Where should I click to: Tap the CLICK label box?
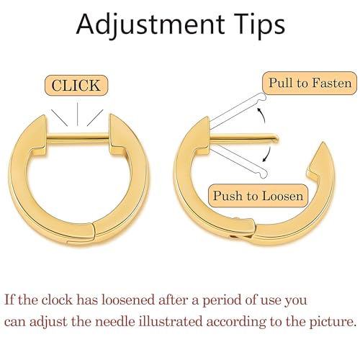click(76, 85)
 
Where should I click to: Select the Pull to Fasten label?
click(310, 83)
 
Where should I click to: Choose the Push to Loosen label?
click(258, 196)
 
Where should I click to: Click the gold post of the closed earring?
click(78, 137)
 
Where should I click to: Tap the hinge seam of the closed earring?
click(94, 232)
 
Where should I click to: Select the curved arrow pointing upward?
click(261, 114)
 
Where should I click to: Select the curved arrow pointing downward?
click(267, 153)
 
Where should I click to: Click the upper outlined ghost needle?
click(238, 111)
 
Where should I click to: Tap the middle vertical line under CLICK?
click(77, 114)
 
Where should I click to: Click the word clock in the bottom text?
click(57, 300)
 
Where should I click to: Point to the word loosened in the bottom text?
click(128, 300)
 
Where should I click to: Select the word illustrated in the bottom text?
click(171, 321)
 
